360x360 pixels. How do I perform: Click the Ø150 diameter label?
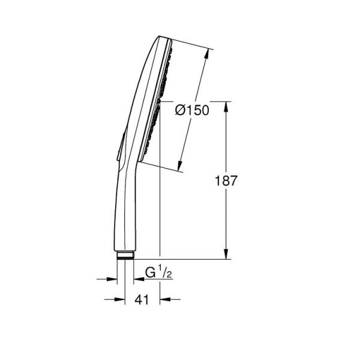click(x=192, y=111)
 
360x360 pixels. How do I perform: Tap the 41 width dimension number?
click(x=142, y=298)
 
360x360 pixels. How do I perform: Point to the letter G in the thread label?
click(x=149, y=274)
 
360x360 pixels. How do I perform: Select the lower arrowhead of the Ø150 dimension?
click(x=181, y=167)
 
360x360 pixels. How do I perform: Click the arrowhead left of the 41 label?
click(x=120, y=298)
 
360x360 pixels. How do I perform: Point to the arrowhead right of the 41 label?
click(x=165, y=298)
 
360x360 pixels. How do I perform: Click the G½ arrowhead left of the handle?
click(x=112, y=278)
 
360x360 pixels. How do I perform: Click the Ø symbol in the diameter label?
click(x=179, y=111)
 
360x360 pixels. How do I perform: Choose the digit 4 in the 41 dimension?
click(x=139, y=298)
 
